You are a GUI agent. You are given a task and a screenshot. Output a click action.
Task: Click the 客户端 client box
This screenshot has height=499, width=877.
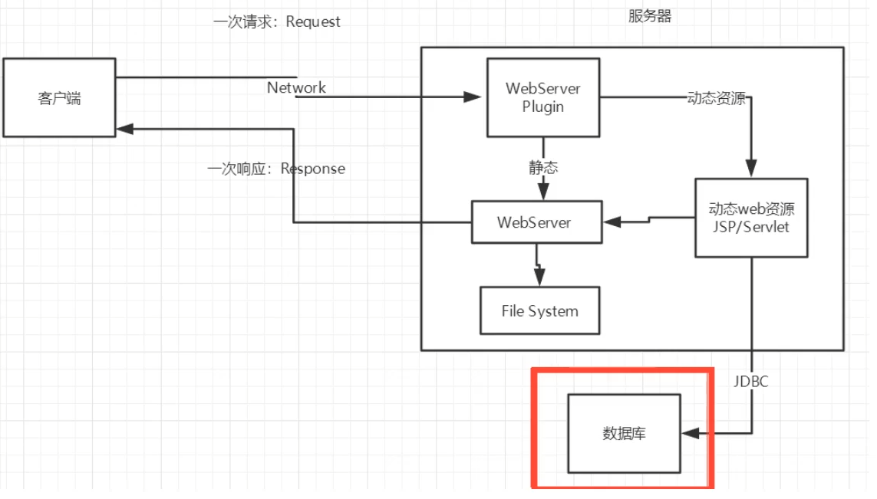[59, 97]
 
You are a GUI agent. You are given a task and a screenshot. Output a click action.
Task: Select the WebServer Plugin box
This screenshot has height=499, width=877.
[543, 97]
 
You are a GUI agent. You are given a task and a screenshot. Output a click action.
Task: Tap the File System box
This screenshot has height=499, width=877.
[539, 310]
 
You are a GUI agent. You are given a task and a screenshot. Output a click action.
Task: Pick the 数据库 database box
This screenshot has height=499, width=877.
[624, 433]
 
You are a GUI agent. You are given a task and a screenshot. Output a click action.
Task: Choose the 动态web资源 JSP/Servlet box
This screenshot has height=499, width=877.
[751, 218]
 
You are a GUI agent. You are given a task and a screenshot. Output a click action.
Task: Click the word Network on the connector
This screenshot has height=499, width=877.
[296, 87]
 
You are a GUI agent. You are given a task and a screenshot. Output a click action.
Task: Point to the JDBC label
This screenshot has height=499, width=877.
[750, 381]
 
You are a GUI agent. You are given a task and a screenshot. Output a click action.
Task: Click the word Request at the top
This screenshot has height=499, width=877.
[313, 21]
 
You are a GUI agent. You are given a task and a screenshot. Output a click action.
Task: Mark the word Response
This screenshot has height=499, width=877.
[313, 168]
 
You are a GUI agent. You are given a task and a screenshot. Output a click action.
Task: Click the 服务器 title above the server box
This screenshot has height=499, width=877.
[650, 16]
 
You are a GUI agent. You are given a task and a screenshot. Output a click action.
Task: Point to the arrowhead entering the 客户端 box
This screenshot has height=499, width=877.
[124, 130]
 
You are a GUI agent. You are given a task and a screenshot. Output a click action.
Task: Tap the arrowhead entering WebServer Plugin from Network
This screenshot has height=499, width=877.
[472, 97]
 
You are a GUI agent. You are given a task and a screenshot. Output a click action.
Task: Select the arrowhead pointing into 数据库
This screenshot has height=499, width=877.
[691, 433]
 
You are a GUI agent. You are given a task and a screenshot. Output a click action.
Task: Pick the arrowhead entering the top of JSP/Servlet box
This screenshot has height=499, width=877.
[751, 170]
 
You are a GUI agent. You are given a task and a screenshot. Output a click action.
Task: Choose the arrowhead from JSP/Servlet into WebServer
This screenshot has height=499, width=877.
[612, 222]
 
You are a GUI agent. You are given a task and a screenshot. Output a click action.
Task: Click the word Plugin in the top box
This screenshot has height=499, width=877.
[543, 107]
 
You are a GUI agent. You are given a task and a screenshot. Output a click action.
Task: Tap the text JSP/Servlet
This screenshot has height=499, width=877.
[751, 227]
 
